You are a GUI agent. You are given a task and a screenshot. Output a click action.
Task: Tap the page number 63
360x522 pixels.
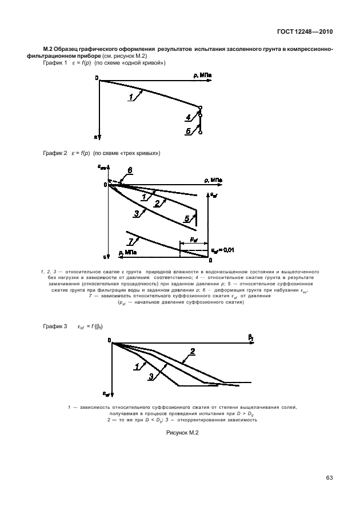330,478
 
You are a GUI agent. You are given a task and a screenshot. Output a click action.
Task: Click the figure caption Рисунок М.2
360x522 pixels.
181,432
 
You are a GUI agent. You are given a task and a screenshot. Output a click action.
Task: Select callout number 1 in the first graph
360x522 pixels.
131,97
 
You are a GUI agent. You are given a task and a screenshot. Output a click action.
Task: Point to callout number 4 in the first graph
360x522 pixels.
188,118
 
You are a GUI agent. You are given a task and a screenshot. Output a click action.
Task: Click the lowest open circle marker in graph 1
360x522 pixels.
201,133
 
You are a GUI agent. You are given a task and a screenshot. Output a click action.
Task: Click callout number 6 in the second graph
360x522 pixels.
130,170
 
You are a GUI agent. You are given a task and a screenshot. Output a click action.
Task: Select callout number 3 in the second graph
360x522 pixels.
137,213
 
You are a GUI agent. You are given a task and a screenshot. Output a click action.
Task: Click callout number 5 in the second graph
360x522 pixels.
187,218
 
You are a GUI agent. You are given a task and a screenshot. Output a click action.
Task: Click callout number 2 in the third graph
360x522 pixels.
193,351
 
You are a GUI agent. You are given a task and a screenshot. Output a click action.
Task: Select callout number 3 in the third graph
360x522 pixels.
151,376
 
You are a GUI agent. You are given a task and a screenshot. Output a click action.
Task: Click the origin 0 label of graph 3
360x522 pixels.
109,341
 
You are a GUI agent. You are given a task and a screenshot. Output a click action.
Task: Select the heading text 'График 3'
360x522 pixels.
55,326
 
